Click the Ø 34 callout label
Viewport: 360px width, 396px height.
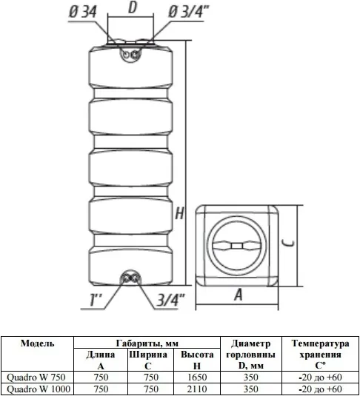[x=83, y=12]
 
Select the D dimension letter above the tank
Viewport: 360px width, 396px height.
[x=133, y=7]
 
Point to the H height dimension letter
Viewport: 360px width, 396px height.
[x=179, y=214]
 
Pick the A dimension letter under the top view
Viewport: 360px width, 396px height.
[x=238, y=295]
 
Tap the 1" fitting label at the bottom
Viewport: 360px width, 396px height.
[x=96, y=300]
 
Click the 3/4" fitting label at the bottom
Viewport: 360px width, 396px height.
[x=171, y=300]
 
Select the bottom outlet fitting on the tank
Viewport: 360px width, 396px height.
[x=130, y=278]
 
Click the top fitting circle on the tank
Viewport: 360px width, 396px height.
[x=130, y=55]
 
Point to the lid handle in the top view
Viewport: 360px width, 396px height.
[x=237, y=246]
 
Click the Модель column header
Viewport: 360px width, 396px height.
[x=38, y=343]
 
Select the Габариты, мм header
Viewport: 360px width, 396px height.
[x=147, y=343]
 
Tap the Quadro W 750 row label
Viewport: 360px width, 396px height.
[x=36, y=377]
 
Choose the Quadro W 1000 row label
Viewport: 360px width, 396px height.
[x=39, y=389]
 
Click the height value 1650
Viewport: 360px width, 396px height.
[x=197, y=377]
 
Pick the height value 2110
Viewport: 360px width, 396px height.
[x=197, y=389]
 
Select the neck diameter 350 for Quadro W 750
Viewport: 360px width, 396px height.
[x=251, y=377]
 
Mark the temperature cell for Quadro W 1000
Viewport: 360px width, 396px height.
[x=320, y=389]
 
